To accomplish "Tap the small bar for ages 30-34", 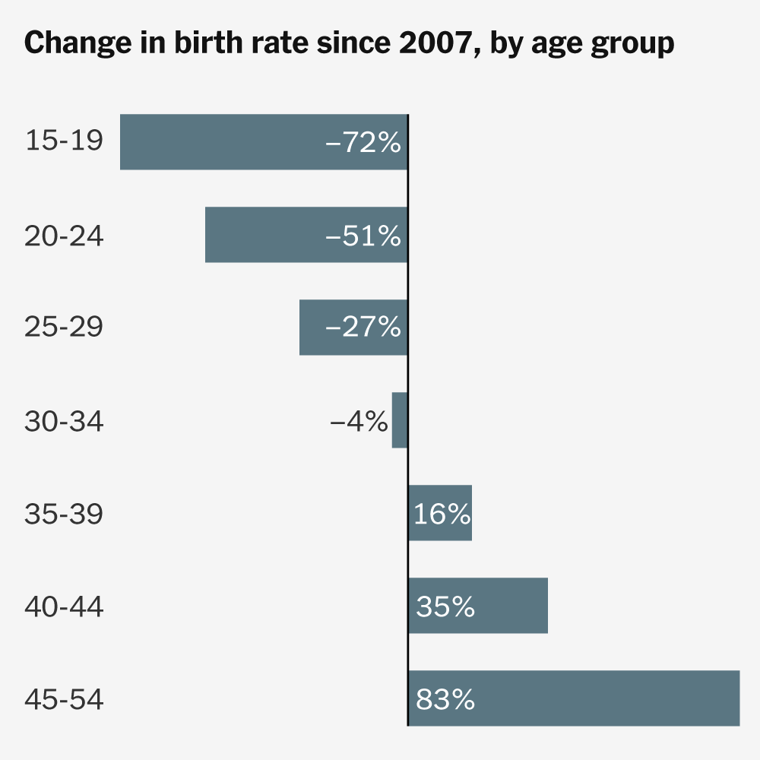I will (400, 420).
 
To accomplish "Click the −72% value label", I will (363, 142).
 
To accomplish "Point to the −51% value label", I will (363, 236).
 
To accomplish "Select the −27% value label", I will (363, 328).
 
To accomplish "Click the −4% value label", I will (359, 420).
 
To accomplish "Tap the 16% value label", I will (442, 514).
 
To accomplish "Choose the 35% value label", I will (445, 606).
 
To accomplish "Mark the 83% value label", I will (445, 699).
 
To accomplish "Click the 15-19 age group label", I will (64, 141).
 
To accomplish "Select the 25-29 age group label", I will (64, 328).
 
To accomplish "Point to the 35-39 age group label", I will (64, 514).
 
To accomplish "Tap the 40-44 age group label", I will (64, 606).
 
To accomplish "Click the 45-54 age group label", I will (64, 699).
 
